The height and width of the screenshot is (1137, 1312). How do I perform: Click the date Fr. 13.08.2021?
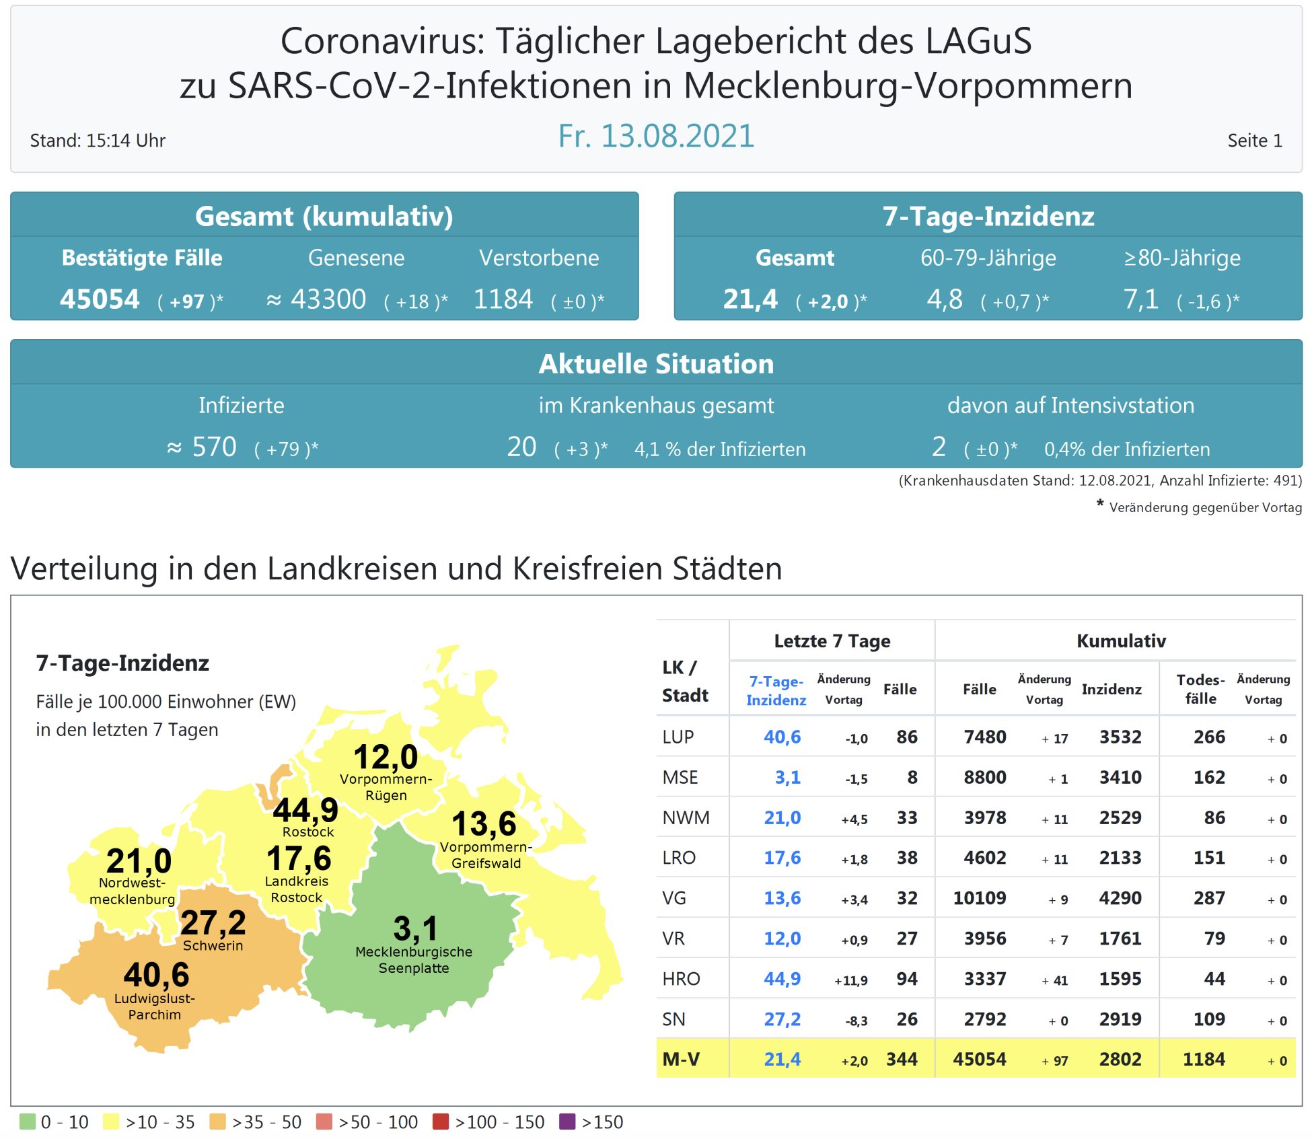tap(656, 136)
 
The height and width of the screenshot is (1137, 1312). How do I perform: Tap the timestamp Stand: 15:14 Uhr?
tap(98, 141)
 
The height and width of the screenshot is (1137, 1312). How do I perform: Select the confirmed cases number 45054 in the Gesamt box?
tap(100, 299)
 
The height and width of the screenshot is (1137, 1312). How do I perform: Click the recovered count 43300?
tap(328, 299)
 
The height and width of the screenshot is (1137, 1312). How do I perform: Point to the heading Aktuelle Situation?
tap(656, 364)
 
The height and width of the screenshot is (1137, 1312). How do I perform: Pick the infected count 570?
tap(214, 447)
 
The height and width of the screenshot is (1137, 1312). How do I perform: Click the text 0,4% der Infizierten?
tap(1127, 449)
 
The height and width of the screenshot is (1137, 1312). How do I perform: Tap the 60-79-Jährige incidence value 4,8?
tap(945, 299)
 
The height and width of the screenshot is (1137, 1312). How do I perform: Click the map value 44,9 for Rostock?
tap(305, 809)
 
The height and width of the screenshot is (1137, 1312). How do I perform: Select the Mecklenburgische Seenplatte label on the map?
tap(414, 960)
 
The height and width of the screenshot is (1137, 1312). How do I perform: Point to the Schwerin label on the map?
tap(213, 945)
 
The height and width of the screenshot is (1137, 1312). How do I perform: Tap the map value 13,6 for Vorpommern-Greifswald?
tap(484, 823)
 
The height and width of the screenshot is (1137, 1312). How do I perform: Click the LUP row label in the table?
tap(678, 737)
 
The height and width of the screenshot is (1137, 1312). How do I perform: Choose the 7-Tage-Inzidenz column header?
tap(776, 690)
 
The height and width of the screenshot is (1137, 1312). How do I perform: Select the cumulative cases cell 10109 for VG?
tap(979, 898)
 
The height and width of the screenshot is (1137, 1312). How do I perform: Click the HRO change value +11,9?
tap(851, 980)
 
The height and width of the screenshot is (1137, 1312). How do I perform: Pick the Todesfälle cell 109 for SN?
tap(1209, 1019)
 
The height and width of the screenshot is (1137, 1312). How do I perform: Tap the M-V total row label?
tap(681, 1060)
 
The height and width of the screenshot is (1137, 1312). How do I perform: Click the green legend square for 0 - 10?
tap(28, 1122)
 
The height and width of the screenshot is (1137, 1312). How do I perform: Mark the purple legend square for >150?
tap(567, 1122)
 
